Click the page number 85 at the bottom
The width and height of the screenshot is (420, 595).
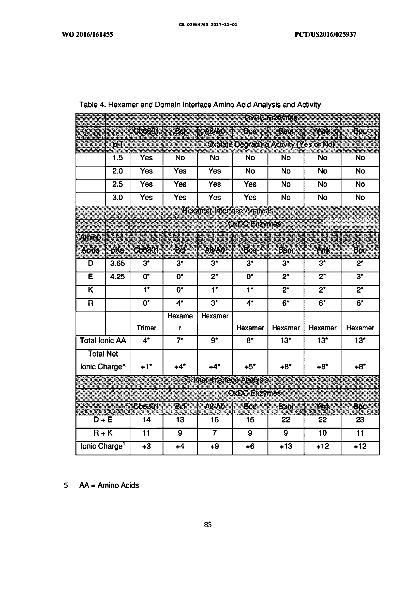pos(208,525)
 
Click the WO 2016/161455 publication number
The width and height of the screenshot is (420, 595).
pos(87,34)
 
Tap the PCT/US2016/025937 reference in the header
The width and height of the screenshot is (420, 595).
pos(325,34)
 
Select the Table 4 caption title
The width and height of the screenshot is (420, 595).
pos(200,105)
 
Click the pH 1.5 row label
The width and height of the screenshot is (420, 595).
pos(117,158)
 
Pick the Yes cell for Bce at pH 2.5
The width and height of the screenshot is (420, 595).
pos(250,184)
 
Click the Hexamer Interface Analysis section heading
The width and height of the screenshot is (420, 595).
pos(227,211)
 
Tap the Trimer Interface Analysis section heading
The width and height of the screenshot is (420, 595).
pos(227,380)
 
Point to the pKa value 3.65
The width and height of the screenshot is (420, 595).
pos(117,264)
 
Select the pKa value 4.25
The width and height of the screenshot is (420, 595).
pos(117,277)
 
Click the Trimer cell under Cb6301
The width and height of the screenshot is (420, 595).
pos(146,328)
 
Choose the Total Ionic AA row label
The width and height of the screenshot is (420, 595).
pos(103,341)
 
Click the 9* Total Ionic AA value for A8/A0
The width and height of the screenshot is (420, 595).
pos(215,341)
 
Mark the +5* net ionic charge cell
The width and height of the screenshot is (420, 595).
pos(250,367)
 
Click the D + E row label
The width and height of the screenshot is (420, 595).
pos(103,420)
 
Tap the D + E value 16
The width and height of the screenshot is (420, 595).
pos(215,420)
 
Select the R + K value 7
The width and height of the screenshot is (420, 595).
pos(215,433)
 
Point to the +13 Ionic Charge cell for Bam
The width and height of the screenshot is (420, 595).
pos(286,446)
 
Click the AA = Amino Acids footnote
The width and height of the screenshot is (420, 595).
pos(109,485)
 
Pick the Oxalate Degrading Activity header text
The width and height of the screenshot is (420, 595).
pos(271,144)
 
